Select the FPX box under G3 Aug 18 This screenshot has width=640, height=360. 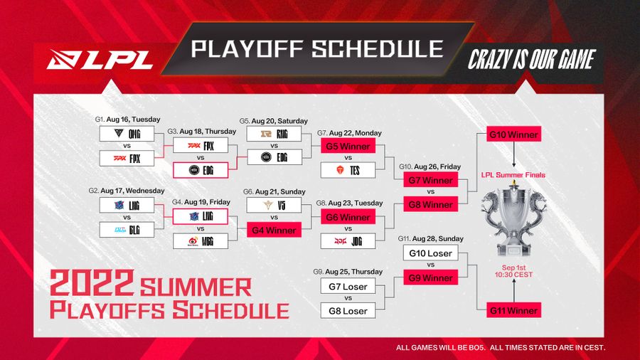click(201, 145)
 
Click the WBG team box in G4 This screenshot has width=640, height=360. click(201, 241)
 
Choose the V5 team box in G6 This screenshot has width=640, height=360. click(274, 206)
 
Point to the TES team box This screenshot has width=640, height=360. click(348, 170)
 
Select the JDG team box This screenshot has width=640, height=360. click(348, 242)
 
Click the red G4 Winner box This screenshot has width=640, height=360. click(274, 230)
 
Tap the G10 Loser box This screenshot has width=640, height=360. click(430, 253)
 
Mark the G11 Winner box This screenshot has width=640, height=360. click(513, 309)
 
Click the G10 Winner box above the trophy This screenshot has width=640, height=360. click(513, 134)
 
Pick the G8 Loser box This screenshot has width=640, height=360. click(348, 311)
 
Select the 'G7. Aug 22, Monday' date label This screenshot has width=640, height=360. click(349, 133)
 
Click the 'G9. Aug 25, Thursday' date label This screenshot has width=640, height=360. click(348, 272)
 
